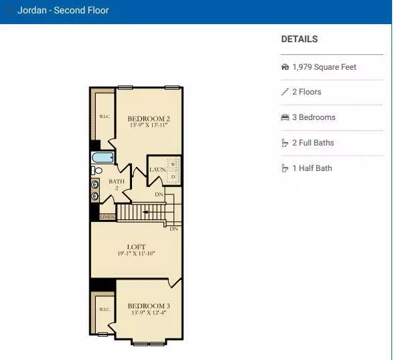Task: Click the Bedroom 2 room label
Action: tap(149, 119)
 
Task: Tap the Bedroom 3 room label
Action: tap(149, 306)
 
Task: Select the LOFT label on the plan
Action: tap(136, 247)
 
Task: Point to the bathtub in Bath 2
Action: tap(103, 158)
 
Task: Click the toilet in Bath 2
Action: tap(96, 170)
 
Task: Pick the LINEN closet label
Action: tap(107, 217)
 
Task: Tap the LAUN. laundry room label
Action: tap(158, 170)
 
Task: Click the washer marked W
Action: tap(173, 165)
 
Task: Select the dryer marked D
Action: tap(173, 177)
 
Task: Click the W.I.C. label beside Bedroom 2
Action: tap(105, 117)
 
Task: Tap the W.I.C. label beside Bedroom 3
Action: tap(105, 310)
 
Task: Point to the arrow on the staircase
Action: tap(145, 212)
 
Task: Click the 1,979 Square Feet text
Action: tap(324, 67)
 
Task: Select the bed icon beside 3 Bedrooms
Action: tap(285, 117)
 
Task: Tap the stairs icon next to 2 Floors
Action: tap(285, 92)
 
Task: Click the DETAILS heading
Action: tap(300, 39)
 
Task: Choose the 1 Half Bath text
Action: tap(312, 168)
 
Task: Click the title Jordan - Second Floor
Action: tap(63, 10)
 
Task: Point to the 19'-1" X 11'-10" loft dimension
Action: tap(136, 253)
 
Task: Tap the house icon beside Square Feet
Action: tap(285, 67)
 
